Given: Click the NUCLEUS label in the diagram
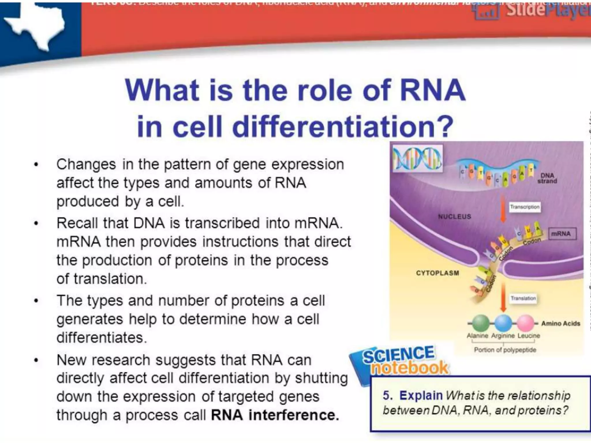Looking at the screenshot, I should (x=455, y=216).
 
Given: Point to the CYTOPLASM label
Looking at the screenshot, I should (x=437, y=273).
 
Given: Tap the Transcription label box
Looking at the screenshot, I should (x=524, y=207).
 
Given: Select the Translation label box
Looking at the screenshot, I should (x=523, y=298).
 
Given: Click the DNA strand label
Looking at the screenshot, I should (x=547, y=178).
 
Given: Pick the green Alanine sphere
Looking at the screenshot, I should (x=478, y=323).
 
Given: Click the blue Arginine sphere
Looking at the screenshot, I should (x=503, y=323).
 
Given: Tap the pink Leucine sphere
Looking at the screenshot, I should (x=525, y=323).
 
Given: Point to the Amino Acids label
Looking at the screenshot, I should (x=560, y=323).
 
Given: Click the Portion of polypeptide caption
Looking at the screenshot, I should (x=505, y=350).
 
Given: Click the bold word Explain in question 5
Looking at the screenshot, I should (x=421, y=395).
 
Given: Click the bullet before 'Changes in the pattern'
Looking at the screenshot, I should (x=36, y=165).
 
